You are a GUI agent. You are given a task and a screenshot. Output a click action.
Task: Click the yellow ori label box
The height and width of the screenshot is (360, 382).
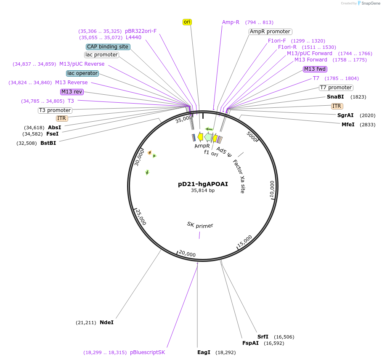187,22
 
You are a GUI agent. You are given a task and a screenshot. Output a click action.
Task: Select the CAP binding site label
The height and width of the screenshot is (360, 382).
108,47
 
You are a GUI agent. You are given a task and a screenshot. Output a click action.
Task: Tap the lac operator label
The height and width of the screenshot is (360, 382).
82,73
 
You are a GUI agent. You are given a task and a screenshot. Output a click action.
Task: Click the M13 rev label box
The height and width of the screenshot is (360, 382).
72,92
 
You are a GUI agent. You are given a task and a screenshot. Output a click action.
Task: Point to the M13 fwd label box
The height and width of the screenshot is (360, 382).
315,69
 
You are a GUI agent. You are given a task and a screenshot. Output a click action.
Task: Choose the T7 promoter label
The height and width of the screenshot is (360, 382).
336,88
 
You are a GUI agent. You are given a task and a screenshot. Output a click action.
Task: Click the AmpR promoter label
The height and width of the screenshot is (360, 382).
270,32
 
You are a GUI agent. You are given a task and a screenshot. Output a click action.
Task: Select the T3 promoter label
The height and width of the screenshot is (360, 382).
55,110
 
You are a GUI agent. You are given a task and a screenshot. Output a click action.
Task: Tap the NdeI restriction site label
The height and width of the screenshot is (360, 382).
107,323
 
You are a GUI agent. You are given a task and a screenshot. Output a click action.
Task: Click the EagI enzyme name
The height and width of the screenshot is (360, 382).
204,352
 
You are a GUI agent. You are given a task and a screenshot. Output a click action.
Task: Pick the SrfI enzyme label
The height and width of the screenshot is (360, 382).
263,337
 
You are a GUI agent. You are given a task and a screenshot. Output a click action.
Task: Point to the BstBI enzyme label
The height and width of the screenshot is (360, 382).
48,143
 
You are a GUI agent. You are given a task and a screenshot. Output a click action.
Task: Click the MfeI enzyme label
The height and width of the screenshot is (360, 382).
348,125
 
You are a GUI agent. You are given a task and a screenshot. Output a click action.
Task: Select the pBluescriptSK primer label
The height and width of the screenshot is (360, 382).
147,352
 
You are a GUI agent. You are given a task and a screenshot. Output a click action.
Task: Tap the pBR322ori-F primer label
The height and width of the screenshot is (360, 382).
141,31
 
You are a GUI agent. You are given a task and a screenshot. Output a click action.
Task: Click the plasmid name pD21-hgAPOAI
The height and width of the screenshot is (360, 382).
203,184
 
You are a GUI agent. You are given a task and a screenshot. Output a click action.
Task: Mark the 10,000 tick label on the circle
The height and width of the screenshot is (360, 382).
272,189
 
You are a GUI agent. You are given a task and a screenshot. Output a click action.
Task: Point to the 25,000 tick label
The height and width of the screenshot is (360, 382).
141,217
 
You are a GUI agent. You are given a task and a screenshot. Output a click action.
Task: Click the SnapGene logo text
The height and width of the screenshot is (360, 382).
371,3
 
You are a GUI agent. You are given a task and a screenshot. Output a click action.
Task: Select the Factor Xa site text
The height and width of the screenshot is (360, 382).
239,176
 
